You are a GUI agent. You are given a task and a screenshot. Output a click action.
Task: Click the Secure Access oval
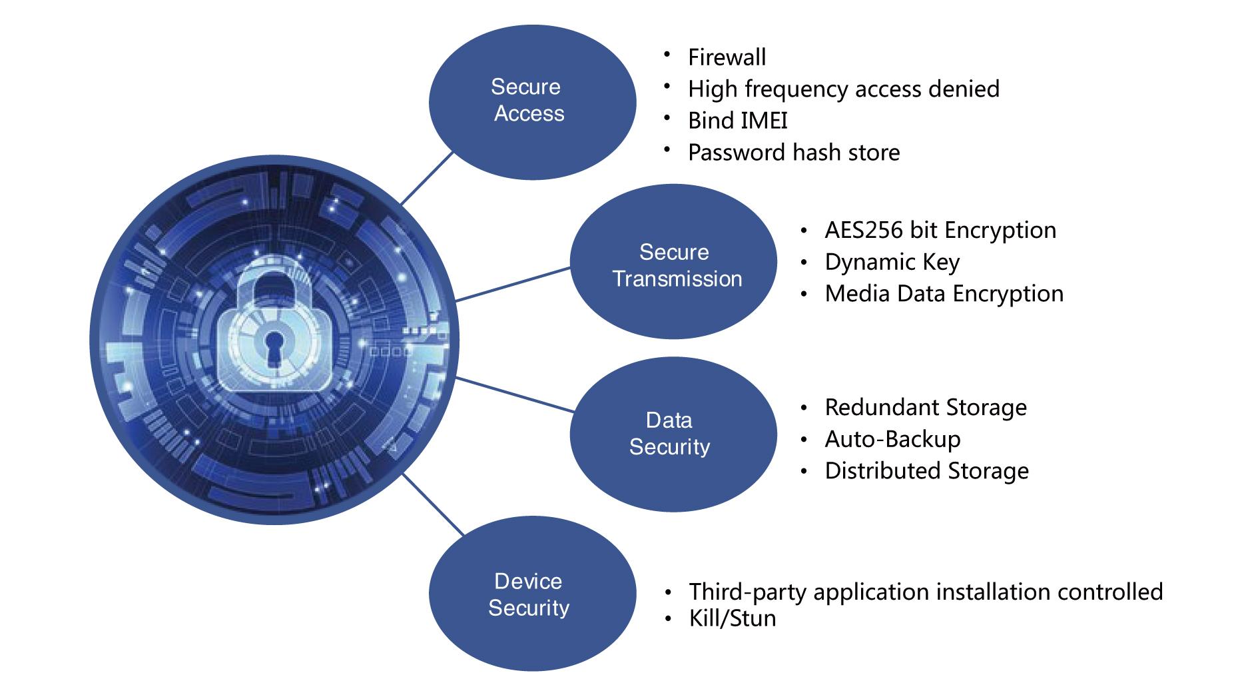tap(532, 101)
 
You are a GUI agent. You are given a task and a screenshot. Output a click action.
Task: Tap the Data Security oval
tap(673, 434)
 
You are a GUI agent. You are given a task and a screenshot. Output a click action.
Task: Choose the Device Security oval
tap(532, 594)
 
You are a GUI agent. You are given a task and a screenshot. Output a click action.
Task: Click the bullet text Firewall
tap(727, 57)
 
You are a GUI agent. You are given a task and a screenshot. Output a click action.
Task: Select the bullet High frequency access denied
tap(844, 89)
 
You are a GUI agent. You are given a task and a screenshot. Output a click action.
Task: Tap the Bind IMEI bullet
tap(738, 121)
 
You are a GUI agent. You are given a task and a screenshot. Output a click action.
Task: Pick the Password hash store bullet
tap(794, 153)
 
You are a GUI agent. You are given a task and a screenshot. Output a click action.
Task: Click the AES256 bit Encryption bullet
tap(940, 231)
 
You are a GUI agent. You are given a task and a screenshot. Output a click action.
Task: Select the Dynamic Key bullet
tap(892, 263)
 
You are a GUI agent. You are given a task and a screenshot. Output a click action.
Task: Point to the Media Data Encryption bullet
tap(944, 294)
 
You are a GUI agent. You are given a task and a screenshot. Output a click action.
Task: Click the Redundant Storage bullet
tap(926, 407)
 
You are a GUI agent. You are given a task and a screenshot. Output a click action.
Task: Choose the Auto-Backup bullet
tap(892, 439)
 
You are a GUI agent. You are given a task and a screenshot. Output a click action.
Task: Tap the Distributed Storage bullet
tap(926, 471)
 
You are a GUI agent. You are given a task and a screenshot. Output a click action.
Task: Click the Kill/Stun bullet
tap(733, 618)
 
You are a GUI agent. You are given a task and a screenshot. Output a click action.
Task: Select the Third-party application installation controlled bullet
tap(926, 592)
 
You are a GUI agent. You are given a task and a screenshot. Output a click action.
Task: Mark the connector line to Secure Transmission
tap(513, 285)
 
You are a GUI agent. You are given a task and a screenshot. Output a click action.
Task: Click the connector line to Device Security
tap(432, 504)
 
